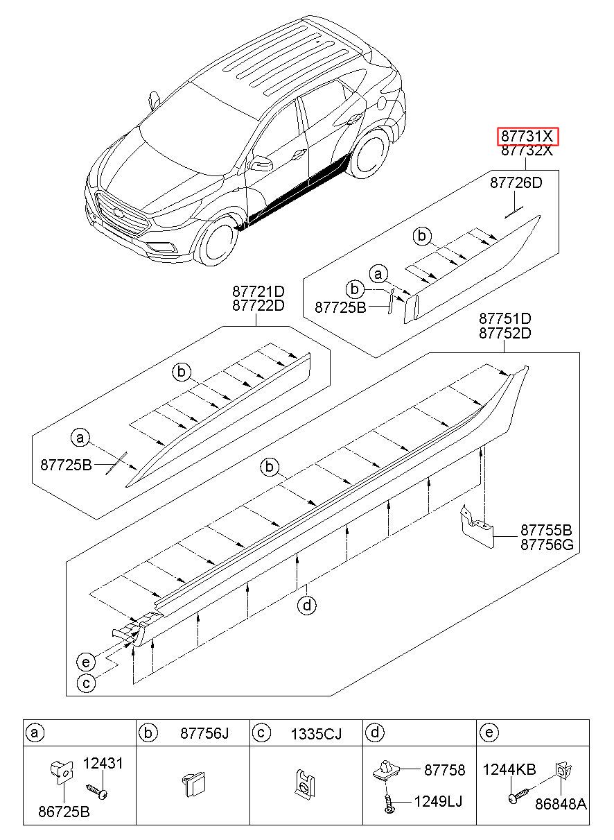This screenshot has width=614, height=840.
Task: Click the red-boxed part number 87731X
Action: (x=528, y=137)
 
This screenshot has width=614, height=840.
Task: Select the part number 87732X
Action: (x=528, y=151)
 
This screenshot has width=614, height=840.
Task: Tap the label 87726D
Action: (x=516, y=184)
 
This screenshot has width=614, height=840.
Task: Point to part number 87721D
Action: (x=258, y=291)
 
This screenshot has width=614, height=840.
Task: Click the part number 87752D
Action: (x=505, y=333)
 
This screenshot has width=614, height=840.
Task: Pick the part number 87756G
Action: (x=547, y=545)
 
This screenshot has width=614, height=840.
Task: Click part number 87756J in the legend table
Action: (x=204, y=732)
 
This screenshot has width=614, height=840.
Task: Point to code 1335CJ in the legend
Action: (x=316, y=732)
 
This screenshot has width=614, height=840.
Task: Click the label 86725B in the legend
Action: (x=64, y=812)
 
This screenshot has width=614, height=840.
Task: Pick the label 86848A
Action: (x=561, y=804)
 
